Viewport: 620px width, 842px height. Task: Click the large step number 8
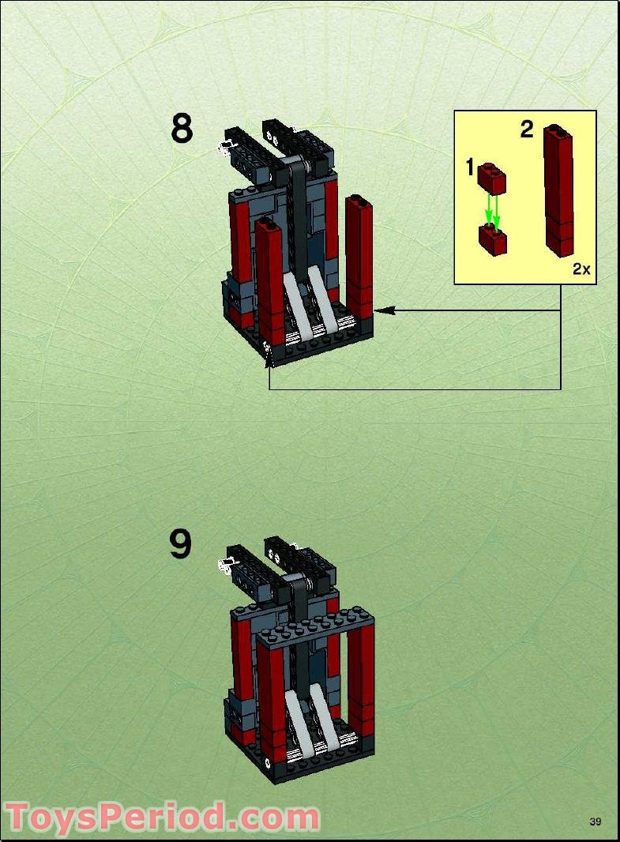tap(182, 129)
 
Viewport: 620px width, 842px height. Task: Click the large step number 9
tap(181, 544)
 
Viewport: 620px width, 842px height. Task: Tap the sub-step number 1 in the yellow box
tap(470, 167)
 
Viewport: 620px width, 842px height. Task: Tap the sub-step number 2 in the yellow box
tap(527, 130)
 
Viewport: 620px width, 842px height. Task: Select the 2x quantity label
tap(581, 269)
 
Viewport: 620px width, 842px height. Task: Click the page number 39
tap(596, 821)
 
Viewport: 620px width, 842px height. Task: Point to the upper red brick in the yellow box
tap(490, 179)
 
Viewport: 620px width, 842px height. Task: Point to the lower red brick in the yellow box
tap(492, 239)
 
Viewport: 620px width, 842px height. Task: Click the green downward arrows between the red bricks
tap(492, 209)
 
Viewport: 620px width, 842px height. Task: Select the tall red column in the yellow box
tap(558, 190)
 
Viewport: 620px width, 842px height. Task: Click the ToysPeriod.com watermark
tap(162, 818)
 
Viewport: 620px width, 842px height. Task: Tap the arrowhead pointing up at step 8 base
tap(269, 360)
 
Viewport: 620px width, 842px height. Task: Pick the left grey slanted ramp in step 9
tap(298, 715)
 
